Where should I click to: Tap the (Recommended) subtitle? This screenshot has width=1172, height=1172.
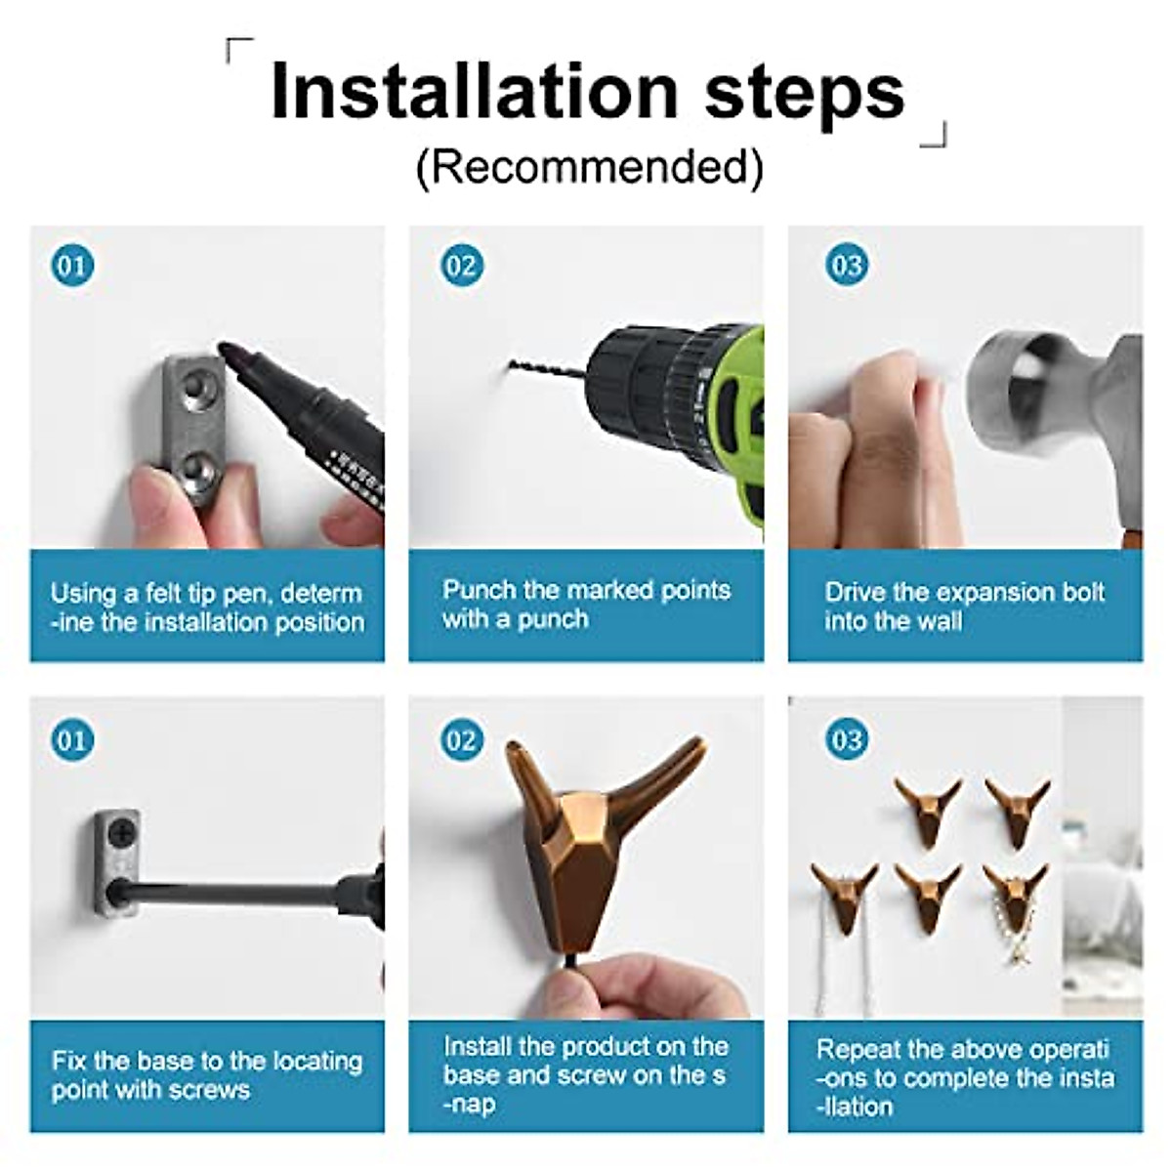pos(589,167)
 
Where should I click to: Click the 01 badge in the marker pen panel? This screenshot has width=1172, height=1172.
pos(72,266)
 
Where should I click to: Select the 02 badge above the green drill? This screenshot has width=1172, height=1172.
pos(462,266)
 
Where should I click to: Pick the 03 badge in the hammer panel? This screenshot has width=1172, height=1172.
pos(847,266)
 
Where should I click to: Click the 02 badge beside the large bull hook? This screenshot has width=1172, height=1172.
pos(462,740)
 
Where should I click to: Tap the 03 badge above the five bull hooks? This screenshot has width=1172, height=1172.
pos(847,740)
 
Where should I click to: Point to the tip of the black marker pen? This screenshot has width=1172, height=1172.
pos(223,349)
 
